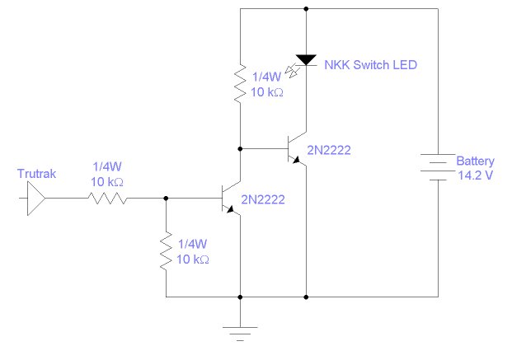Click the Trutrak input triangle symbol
pos(35,199)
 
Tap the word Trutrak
pos(35,174)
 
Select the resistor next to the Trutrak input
pos(106,199)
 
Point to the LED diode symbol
pos(306,58)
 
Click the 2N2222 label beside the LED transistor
pos(329,150)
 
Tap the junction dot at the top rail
pos(306,9)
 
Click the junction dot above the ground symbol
pos(240,296)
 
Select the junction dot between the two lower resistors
pos(167,199)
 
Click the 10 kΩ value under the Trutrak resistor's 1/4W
pos(106,181)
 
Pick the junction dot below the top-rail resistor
pos(240,149)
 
